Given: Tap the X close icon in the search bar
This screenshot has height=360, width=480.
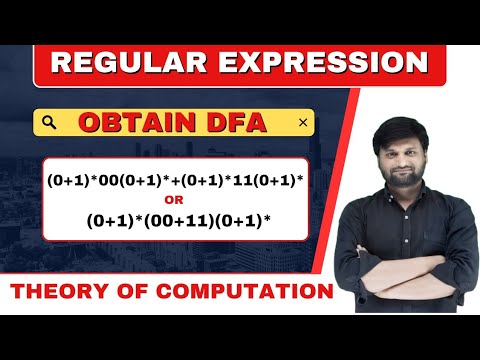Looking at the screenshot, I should point(303,123).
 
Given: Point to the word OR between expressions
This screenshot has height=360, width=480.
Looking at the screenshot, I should point(175,199).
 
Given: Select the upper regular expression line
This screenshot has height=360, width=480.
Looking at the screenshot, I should point(175,181).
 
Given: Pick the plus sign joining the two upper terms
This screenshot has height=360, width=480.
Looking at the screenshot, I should point(175,181).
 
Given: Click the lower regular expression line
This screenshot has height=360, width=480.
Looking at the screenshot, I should point(175,218).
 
